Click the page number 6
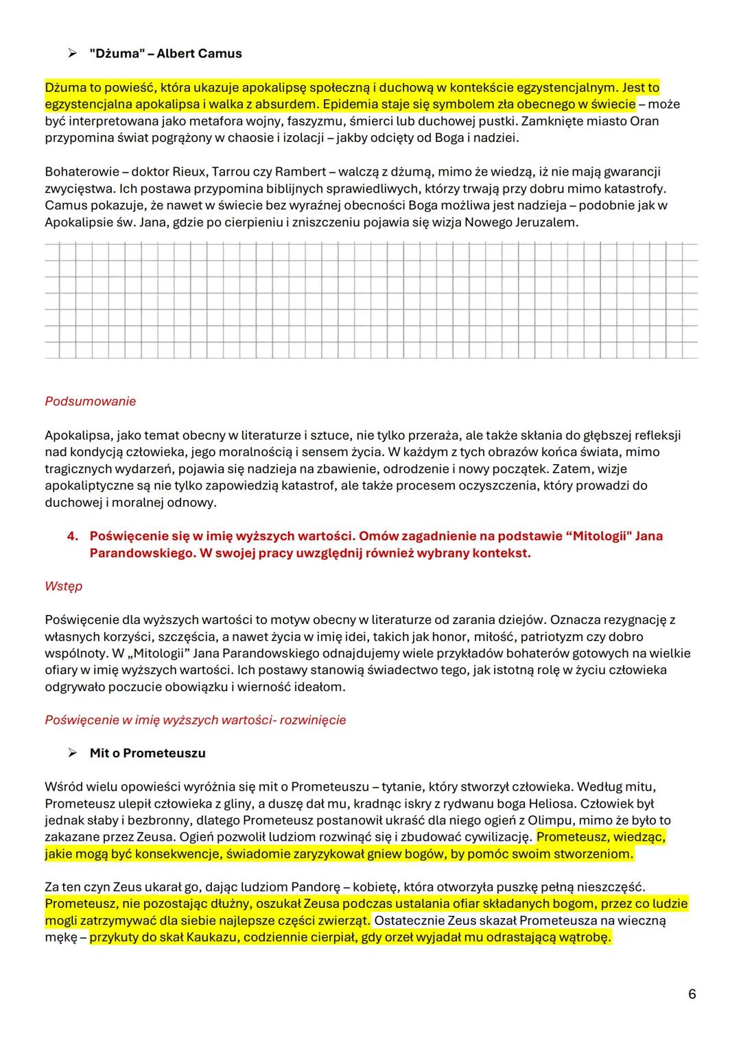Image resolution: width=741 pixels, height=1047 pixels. pos(692,994)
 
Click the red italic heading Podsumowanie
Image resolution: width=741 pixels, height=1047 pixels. pos(90,402)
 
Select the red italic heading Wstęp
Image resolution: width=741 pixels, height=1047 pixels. pos(63,586)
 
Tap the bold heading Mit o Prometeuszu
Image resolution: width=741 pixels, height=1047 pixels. pos(148,753)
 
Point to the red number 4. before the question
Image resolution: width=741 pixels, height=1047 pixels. pos(73,536)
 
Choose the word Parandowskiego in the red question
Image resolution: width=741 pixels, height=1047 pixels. pos(142,553)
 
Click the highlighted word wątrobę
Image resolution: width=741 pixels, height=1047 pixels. pos(583,937)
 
